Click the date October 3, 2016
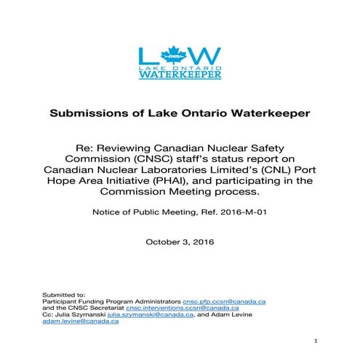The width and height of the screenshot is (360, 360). click(180, 240)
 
